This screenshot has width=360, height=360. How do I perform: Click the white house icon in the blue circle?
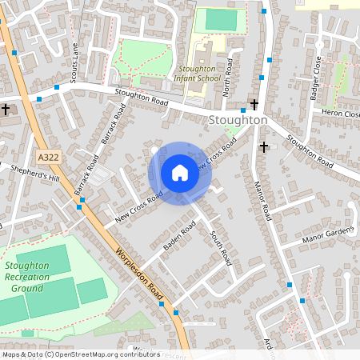(180, 173)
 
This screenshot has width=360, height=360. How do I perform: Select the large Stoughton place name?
(237, 120)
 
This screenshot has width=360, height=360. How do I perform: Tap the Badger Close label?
(314, 78)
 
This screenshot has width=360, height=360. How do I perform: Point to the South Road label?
(220, 247)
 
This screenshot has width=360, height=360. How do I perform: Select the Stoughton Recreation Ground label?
(26, 277)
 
